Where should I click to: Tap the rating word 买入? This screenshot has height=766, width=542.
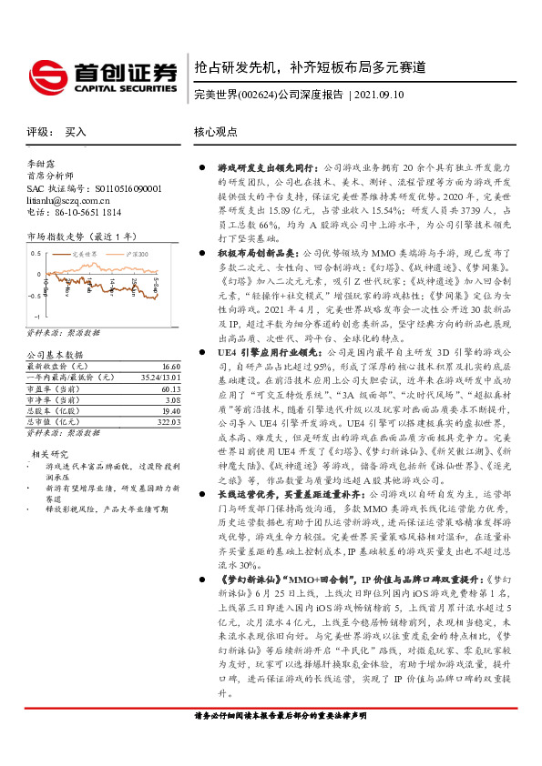pyautogui.click(x=77, y=132)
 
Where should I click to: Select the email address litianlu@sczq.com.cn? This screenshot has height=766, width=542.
pyautogui.click(x=68, y=200)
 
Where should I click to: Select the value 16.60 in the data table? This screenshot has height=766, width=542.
pyautogui.click(x=171, y=338)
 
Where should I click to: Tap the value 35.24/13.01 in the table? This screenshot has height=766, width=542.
pyautogui.click(x=162, y=349)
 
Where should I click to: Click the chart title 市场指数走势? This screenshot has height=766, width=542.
pyautogui.click(x=53, y=236)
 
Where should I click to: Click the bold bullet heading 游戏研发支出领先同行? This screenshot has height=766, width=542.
pyautogui.click(x=266, y=168)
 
